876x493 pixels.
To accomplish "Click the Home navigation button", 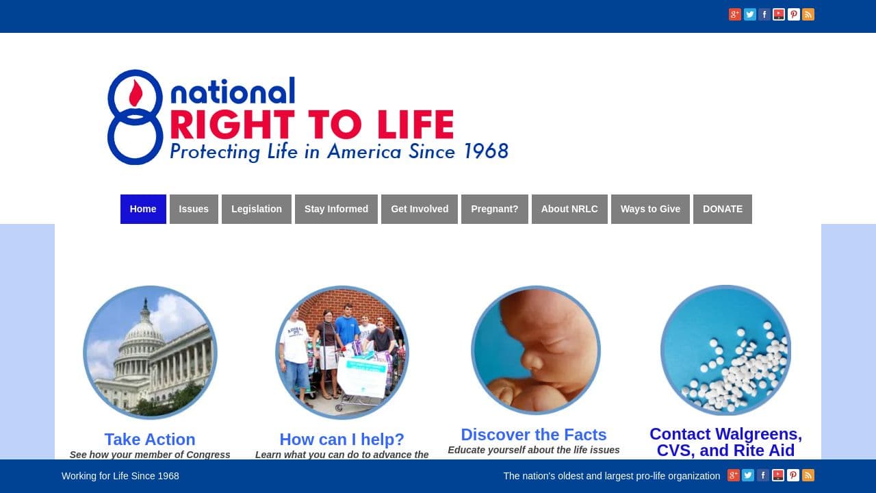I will coord(143,209).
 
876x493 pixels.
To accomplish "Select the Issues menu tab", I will coord(194,209).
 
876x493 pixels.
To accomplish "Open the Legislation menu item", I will coord(257,209).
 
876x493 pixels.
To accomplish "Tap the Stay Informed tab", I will coord(336,209).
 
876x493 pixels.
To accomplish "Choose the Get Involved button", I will coord(420,209).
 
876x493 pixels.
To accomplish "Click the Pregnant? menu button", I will coord(495,209).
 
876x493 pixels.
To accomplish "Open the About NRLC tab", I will coord(569,209).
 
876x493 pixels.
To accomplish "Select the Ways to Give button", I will coord(650,209).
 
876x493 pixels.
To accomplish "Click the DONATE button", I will coord(722,209).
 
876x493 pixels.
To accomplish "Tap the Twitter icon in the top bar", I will coord(749,14).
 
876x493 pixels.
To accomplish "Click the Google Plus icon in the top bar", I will coord(735,14).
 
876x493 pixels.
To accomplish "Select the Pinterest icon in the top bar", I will coord(793,14).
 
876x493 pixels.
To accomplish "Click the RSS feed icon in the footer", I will coord(808,475).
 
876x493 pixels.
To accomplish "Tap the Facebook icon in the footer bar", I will coord(763,475).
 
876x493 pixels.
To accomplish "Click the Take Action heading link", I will coord(150,439).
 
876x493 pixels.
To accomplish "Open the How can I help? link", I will coord(342,439).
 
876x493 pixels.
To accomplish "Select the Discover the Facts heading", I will coord(534,435).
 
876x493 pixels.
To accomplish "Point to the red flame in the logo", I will coord(136,93).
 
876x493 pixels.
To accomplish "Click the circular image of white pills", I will coord(725,350).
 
